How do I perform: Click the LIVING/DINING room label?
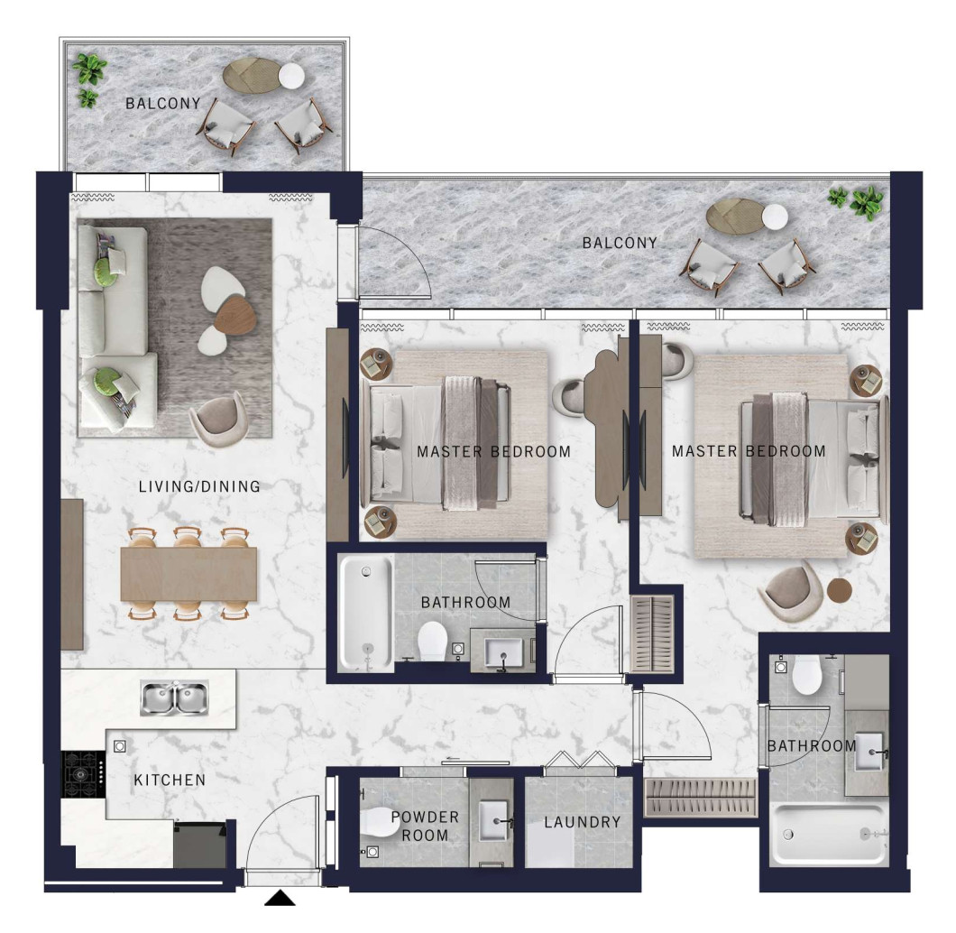coord(199,486)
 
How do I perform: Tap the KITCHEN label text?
coord(170,780)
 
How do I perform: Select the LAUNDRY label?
coord(583,822)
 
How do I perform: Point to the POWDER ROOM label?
coord(425,827)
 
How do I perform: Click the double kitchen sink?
coord(174,698)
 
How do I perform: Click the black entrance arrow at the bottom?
coord(280,898)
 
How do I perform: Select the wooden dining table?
coord(188,574)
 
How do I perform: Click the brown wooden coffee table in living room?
coord(235,315)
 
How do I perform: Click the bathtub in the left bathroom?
coord(366,613)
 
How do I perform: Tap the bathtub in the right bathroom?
coord(828,835)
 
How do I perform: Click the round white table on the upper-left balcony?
coord(291,76)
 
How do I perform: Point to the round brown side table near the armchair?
coord(840,590)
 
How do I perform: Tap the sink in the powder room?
coord(494,821)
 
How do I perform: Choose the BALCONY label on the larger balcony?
coord(620,243)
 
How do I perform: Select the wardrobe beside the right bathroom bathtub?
coord(701,797)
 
